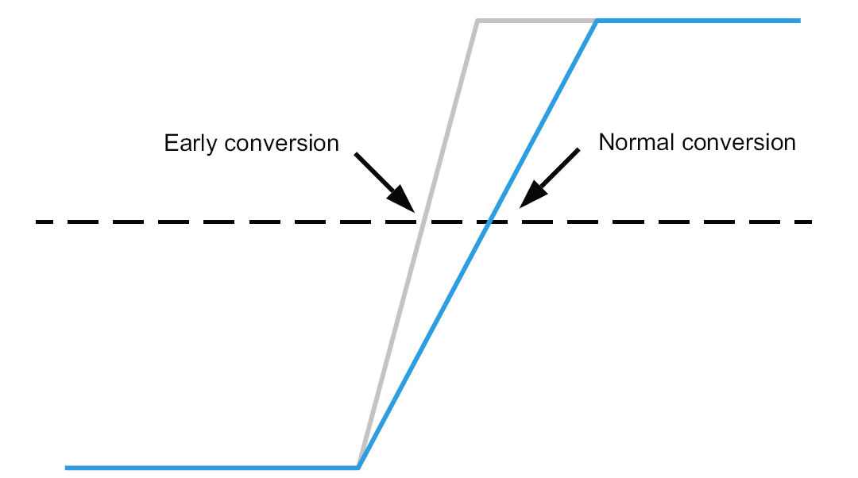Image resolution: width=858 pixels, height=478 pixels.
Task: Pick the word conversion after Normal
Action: [x=740, y=142]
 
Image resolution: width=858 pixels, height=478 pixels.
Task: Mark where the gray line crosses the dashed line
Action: [x=423, y=222]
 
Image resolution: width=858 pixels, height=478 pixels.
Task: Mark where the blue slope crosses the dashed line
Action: [x=489, y=222]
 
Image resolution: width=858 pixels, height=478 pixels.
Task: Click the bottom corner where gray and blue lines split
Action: [x=358, y=467]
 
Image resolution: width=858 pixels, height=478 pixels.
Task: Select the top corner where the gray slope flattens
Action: [x=477, y=21]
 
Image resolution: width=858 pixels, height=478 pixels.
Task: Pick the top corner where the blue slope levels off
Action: [x=597, y=21]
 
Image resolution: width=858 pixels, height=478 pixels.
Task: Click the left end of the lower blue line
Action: [x=67, y=468]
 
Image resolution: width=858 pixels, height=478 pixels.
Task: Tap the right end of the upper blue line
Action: [x=798, y=21]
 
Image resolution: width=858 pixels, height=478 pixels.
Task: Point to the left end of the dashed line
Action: [x=37, y=222]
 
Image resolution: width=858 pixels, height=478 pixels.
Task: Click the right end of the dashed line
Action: [x=810, y=222]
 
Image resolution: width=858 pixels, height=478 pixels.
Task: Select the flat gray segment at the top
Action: [x=536, y=21]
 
